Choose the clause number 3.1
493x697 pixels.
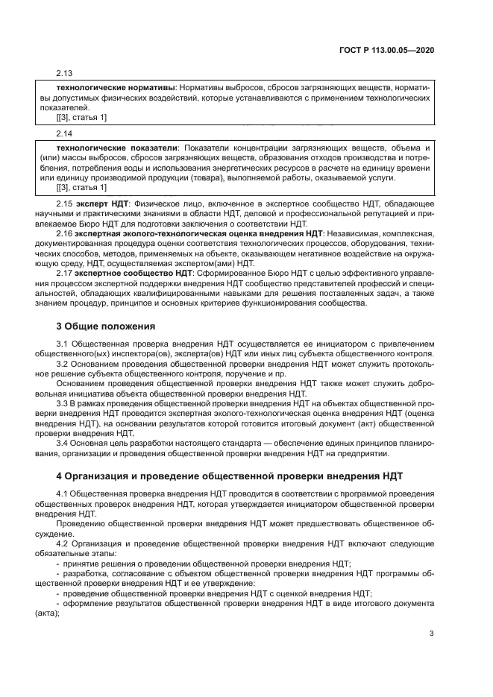click(63, 342)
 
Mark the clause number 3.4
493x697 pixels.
click(63, 444)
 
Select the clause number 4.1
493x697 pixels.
click(63, 494)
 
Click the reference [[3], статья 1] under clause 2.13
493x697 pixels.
click(81, 117)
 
